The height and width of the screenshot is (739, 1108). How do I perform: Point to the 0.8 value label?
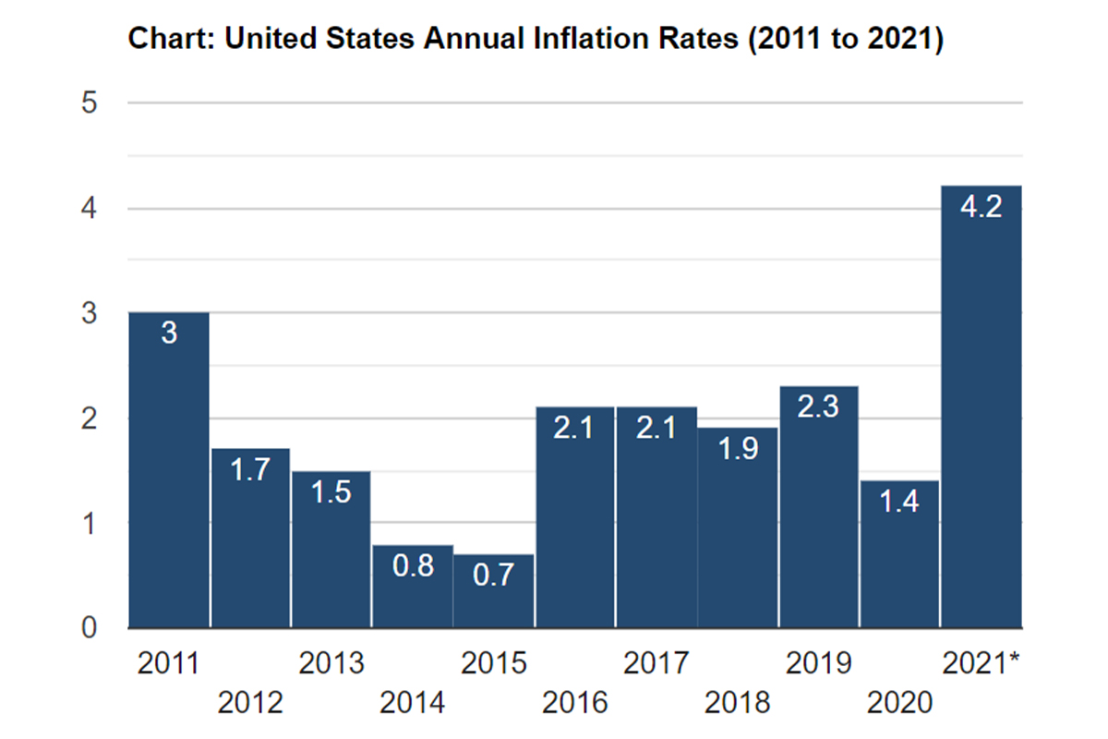(413, 565)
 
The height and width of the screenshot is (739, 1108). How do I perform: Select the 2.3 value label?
(819, 406)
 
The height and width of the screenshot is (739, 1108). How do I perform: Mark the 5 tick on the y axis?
(90, 103)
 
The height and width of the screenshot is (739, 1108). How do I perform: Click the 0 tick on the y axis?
(90, 628)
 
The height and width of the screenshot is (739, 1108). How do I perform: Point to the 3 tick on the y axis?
(90, 313)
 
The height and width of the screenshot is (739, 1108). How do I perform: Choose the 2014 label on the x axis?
(413, 704)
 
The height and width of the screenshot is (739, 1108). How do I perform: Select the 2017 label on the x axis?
(656, 663)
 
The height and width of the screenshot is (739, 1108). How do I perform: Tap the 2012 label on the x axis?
(250, 704)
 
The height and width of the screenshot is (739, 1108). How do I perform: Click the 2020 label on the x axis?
(900, 704)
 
